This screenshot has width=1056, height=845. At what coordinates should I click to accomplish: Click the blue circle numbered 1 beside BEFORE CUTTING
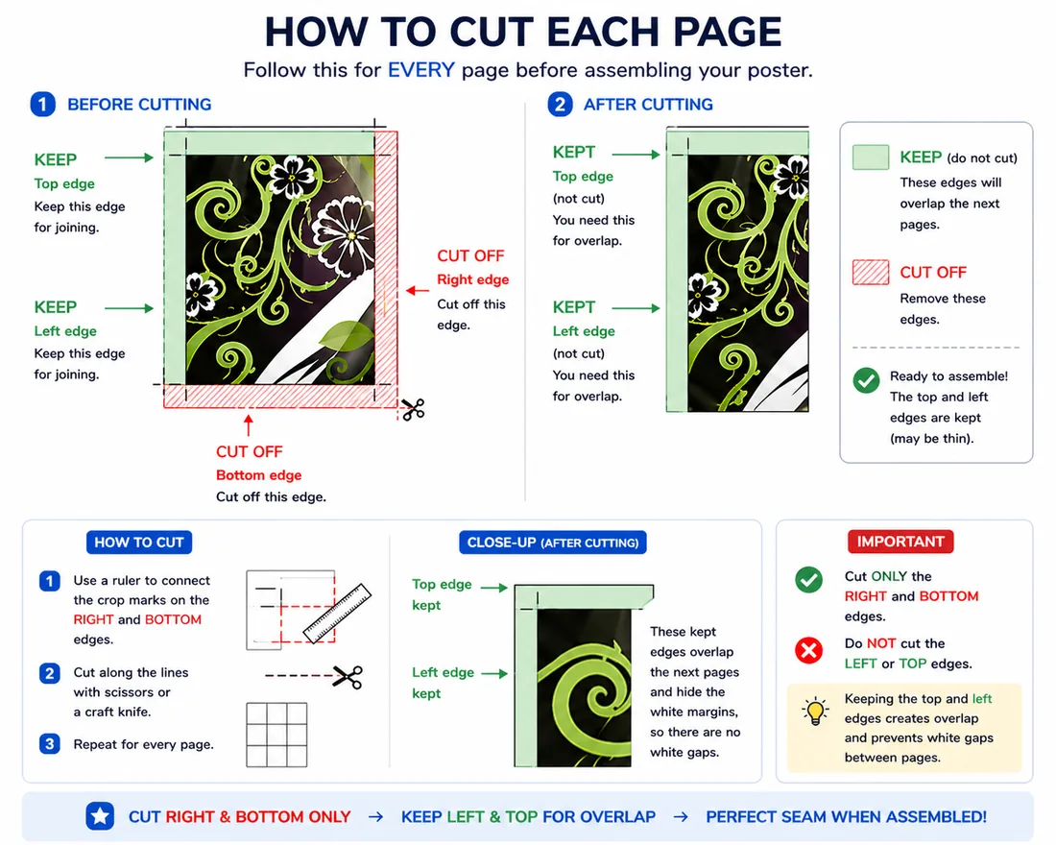pos(43,105)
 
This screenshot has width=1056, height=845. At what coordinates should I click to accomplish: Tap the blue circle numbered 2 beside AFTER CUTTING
pos(560,105)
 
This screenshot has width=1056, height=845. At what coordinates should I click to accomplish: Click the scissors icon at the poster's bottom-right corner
pos(413,409)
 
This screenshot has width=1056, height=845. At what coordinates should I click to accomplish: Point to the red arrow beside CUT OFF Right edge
pos(418,290)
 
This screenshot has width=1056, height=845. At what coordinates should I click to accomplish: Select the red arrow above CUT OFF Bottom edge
pos(249,425)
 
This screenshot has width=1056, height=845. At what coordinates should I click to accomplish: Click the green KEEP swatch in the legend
pos(871,157)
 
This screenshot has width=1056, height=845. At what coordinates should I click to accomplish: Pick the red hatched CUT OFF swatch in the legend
pos(871,273)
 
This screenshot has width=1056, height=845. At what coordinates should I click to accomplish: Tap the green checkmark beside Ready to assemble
pos(866,380)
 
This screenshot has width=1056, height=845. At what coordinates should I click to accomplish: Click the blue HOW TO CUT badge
pos(139,543)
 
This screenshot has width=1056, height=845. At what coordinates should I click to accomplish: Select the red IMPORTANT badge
pos(900,542)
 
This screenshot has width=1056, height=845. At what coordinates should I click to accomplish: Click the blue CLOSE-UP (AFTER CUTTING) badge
pos(553,543)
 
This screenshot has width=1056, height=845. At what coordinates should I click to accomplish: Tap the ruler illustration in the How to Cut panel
pos(337,613)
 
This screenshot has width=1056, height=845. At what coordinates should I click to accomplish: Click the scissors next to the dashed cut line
pos(348,677)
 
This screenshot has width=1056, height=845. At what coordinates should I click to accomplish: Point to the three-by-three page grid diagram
pos(276,735)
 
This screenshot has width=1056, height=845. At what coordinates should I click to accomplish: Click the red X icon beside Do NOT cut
pos(809,650)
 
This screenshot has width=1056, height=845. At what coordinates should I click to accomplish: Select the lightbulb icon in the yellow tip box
pos(816,711)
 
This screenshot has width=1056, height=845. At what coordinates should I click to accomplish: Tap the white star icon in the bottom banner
pos(100,817)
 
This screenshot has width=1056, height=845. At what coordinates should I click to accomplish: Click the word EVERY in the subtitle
pos(420,70)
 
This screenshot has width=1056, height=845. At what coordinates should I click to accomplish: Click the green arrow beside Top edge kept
pos(493,588)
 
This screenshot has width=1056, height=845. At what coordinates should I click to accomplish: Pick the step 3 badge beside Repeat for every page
pos(49,744)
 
